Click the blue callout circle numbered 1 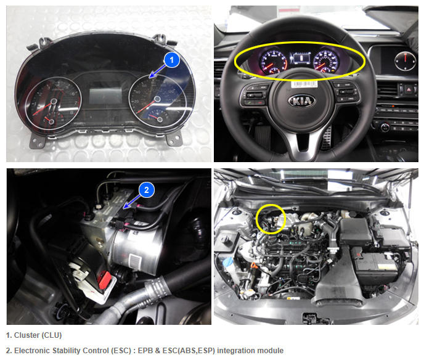click(172, 60)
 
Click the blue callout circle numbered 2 click(147, 190)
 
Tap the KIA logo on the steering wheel click(301, 101)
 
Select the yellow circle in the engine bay click(271, 219)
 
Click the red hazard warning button click(409, 89)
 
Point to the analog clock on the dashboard click(405, 62)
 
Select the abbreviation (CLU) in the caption click(52, 335)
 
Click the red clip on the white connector click(105, 280)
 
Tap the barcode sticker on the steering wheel click(304, 84)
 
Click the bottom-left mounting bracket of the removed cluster click(38, 141)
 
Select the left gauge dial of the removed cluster click(53, 102)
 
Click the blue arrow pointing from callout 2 click(131, 202)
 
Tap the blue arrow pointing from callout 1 click(157, 71)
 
